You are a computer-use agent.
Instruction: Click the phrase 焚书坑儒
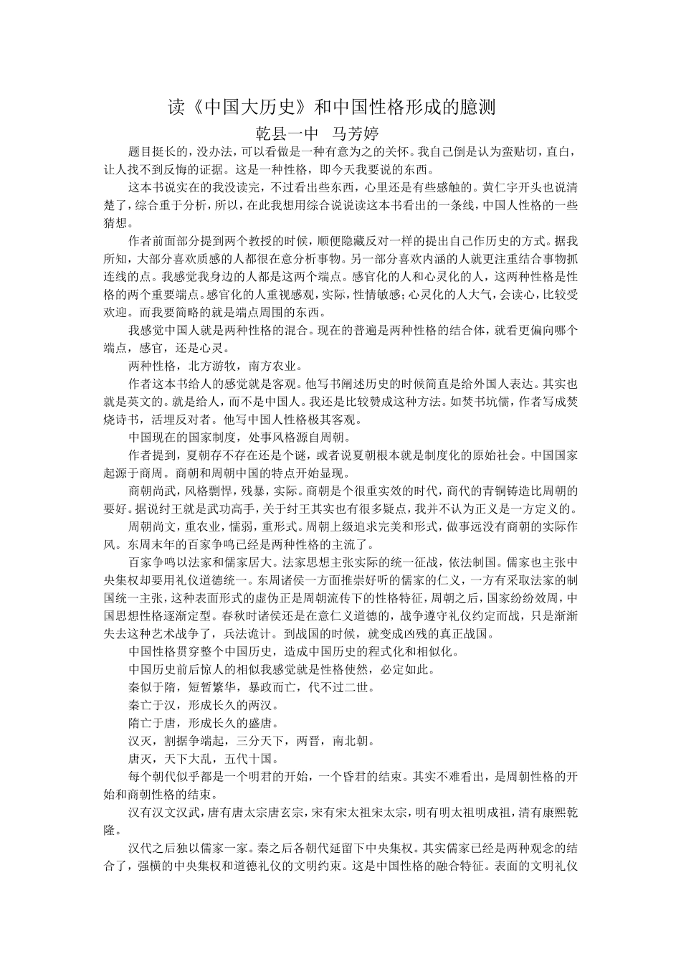coord(482,402)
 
